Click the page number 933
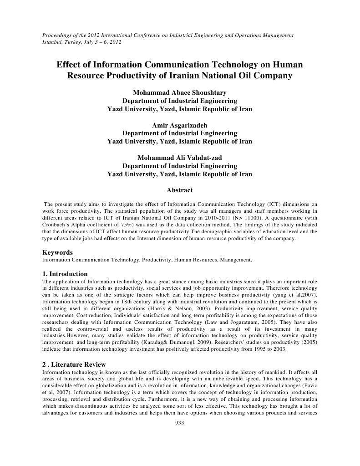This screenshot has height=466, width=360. (179, 423)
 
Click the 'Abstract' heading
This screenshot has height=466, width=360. (180, 190)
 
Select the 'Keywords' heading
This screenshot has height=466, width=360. (57, 252)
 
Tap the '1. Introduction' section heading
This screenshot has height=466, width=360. (65, 274)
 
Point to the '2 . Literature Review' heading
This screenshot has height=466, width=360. (74, 364)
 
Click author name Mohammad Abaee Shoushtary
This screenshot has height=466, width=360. (179, 93)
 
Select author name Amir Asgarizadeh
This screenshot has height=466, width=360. (179, 125)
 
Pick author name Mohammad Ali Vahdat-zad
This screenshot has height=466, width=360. (179, 158)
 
